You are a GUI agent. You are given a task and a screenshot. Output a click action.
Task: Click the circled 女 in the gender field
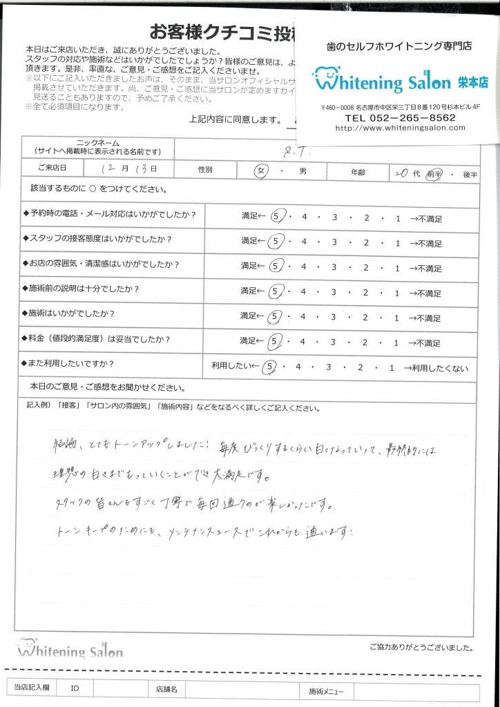point(260,173)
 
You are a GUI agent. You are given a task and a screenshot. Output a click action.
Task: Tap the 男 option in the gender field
point(302,172)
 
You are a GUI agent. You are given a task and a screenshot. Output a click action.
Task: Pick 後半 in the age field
point(470,175)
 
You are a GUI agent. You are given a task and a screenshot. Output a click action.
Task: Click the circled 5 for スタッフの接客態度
point(277,242)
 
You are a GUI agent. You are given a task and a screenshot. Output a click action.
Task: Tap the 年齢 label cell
point(357,172)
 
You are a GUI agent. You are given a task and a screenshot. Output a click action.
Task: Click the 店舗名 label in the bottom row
point(166,689)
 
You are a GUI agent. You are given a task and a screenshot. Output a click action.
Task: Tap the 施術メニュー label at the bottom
point(330,690)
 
